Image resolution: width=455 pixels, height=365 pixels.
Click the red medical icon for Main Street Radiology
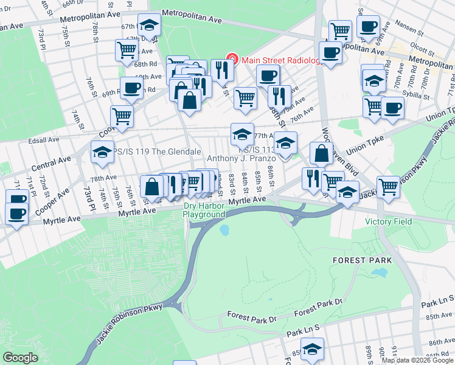pos(232,60)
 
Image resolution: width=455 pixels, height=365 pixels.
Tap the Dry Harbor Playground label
pos(204,210)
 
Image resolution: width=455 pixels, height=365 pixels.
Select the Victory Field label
pos(388,221)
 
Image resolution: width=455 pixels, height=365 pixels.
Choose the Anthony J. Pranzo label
pos(241,159)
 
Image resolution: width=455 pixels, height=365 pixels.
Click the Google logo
pos(21,358)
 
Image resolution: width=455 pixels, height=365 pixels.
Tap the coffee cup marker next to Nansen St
pos(368,27)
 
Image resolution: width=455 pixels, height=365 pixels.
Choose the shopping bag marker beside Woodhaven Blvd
pos(321,153)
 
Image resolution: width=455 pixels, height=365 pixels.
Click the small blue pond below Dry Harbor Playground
pos(224,230)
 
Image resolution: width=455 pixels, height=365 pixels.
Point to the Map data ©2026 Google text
pos(417,360)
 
